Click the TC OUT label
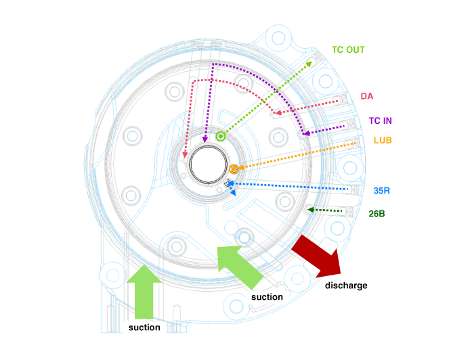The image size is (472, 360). [x=347, y=49]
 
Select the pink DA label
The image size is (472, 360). [x=366, y=97]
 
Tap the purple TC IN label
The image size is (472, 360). [x=380, y=121]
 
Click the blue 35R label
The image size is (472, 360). [x=382, y=191]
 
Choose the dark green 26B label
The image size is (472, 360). [x=377, y=214]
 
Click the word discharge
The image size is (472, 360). [x=346, y=286]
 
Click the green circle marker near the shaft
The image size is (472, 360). [x=220, y=136]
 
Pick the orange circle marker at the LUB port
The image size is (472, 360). [x=234, y=168]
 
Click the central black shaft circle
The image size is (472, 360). [x=209, y=164]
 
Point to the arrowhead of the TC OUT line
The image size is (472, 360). [x=310, y=62]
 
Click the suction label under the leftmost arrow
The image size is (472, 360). [x=144, y=328]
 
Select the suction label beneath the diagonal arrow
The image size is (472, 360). [x=267, y=297]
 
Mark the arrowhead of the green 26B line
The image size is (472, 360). [x=310, y=210]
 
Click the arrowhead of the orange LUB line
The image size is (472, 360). [x=239, y=167]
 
